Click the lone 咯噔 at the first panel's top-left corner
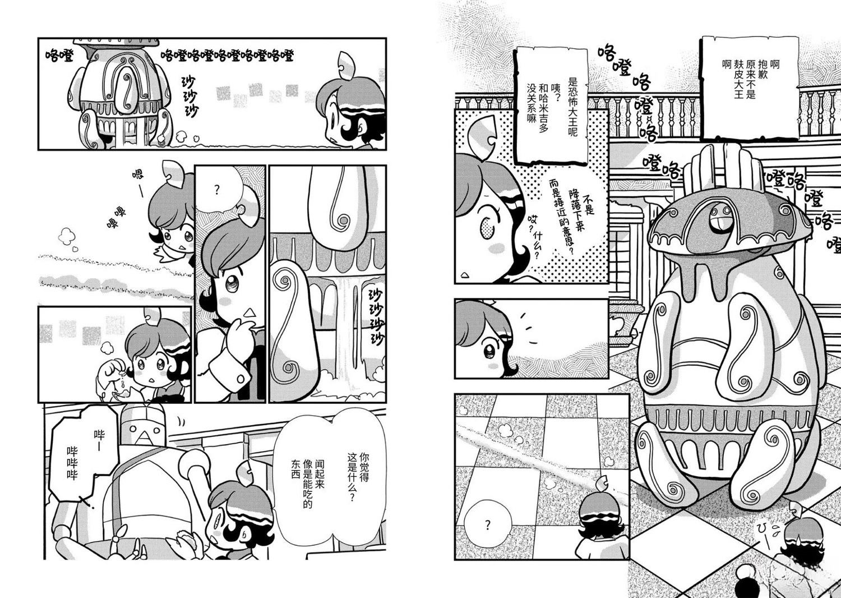point(59,57)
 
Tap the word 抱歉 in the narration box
point(763,69)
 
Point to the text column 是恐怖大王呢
point(572,107)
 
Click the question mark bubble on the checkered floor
point(488,524)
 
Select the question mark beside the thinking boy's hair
point(216,190)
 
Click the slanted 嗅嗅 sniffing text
point(117,218)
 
